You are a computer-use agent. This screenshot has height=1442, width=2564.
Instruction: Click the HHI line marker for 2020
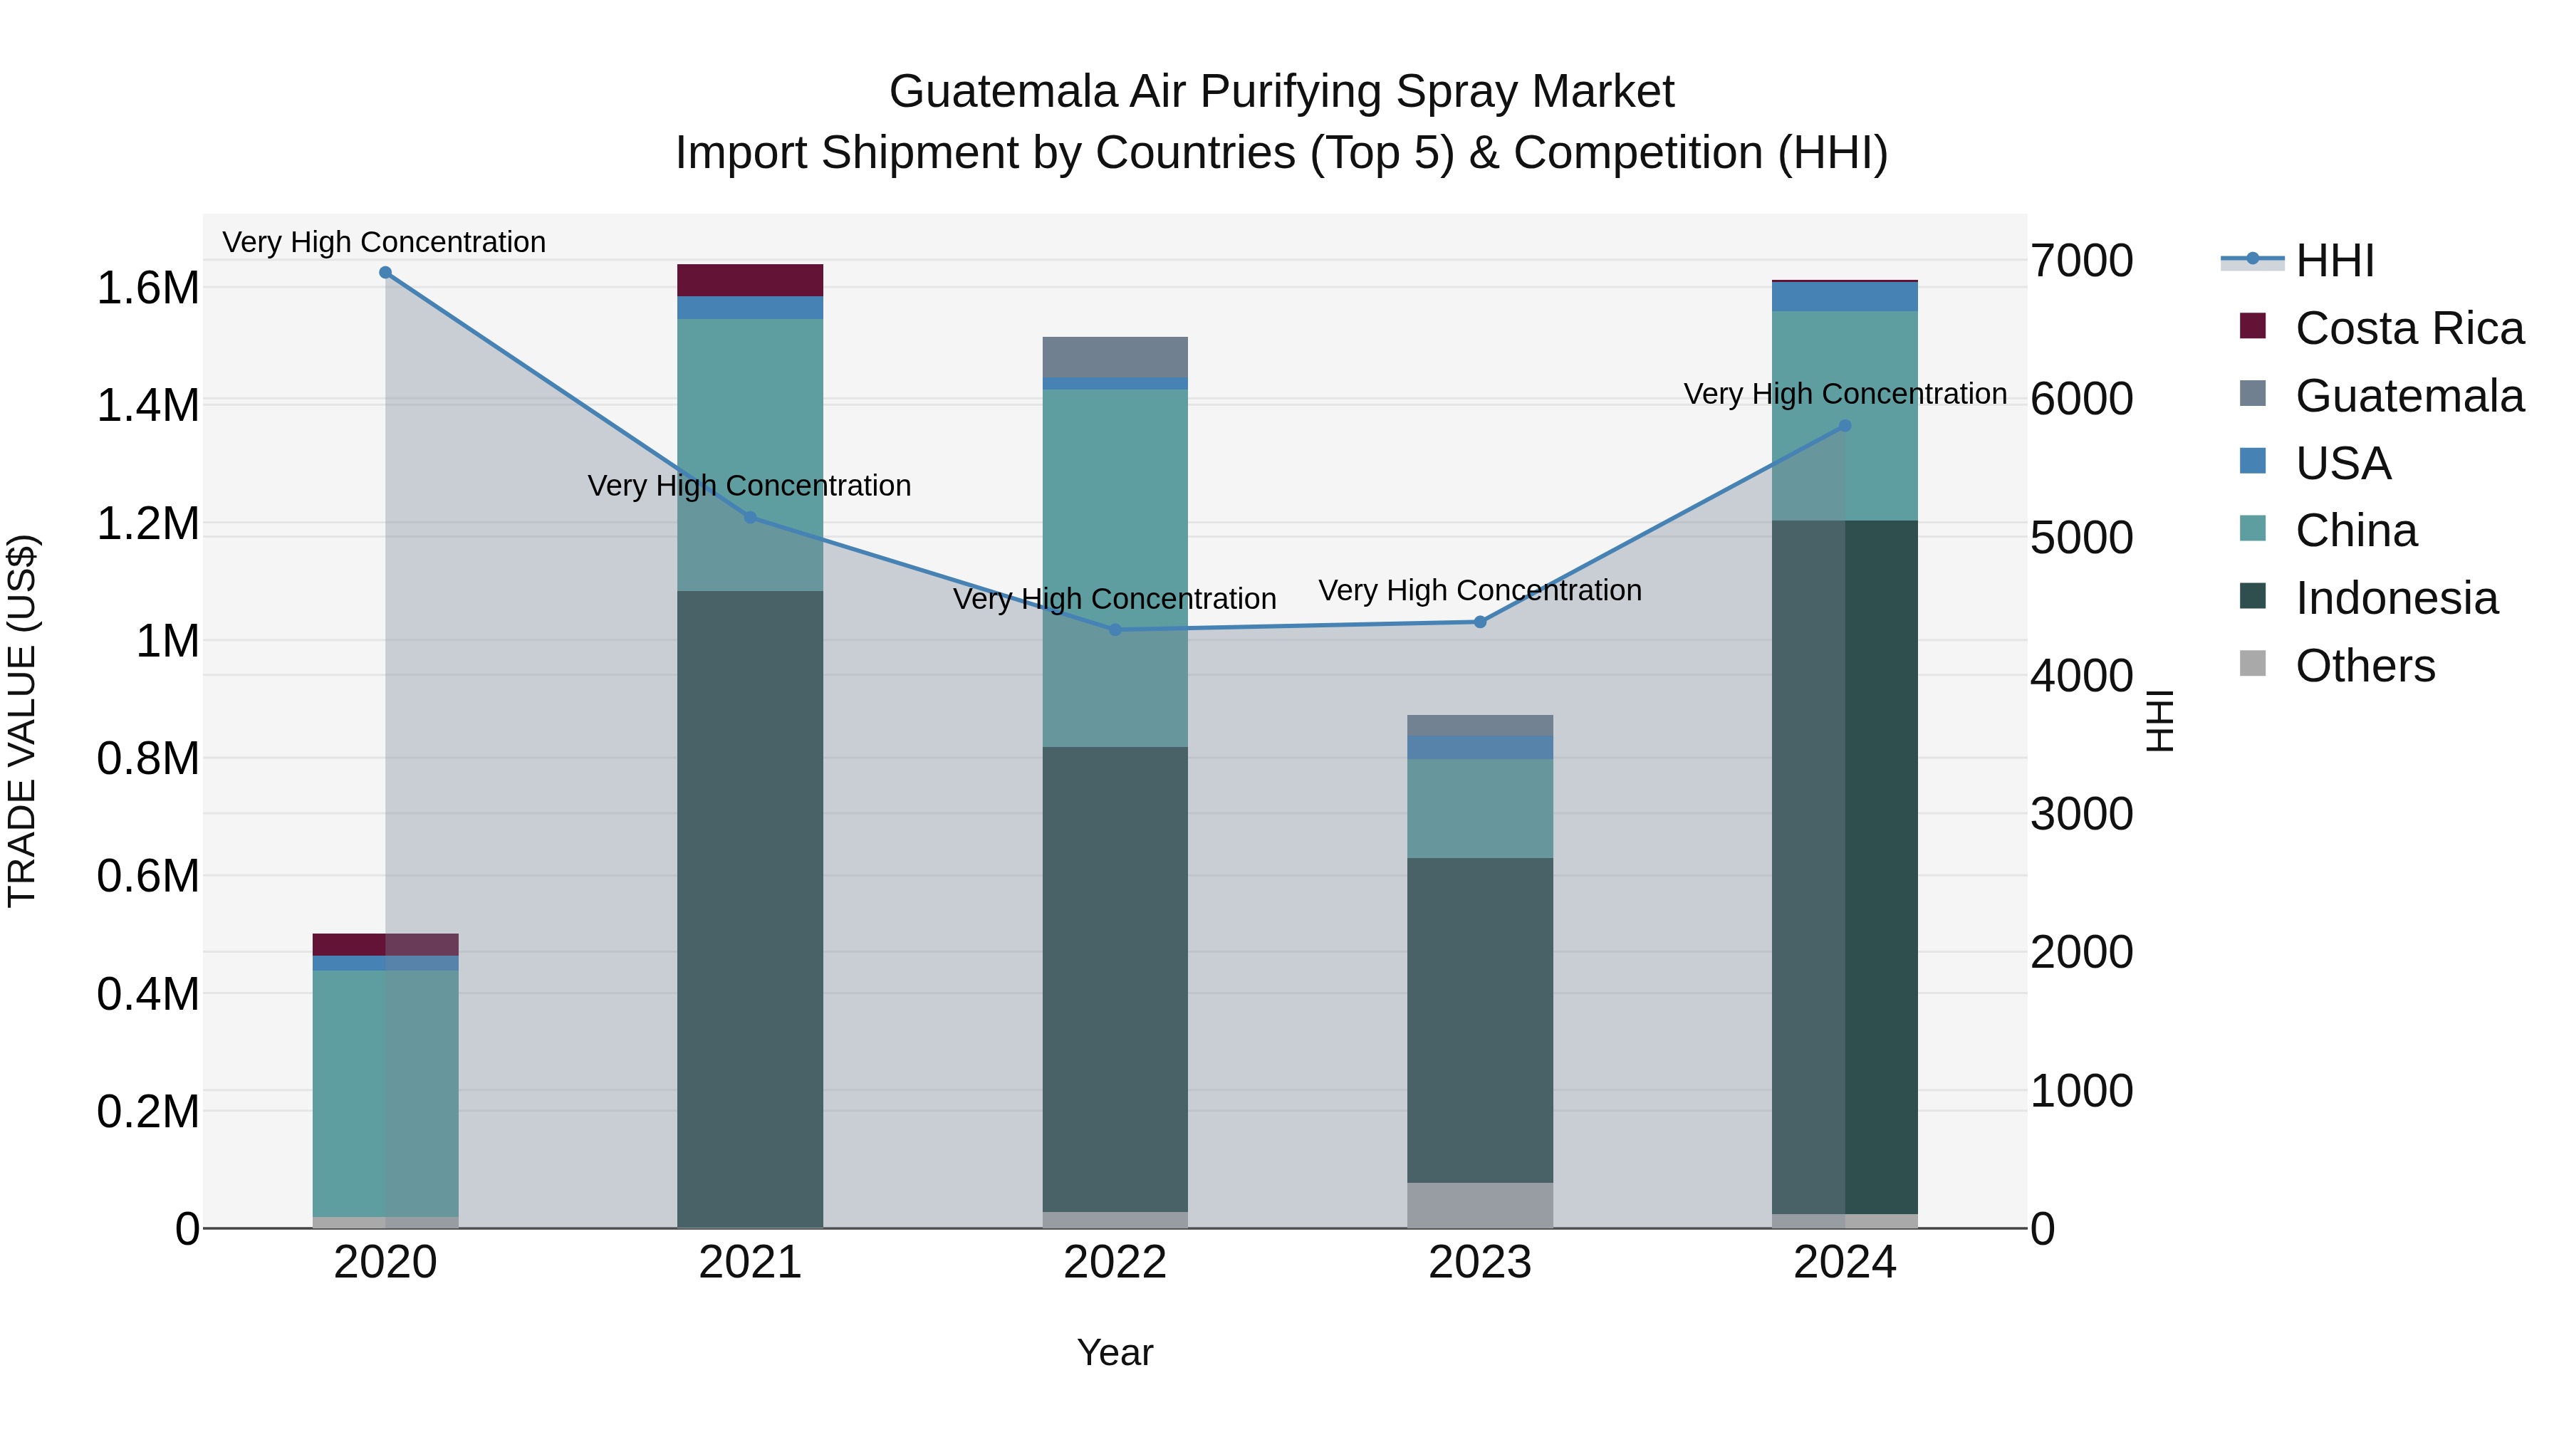pos(385,273)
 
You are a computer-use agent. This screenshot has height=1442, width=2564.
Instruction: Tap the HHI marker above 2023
pos(1480,622)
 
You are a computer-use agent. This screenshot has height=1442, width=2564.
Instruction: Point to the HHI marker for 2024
pos(1845,426)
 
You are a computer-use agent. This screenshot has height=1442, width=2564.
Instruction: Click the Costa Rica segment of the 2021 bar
pos(751,281)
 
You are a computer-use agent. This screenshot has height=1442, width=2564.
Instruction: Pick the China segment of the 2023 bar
pos(1480,808)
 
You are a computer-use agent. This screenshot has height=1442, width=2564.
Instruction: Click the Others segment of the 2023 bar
pos(1480,1205)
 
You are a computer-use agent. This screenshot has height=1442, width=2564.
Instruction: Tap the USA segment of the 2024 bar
pos(1845,296)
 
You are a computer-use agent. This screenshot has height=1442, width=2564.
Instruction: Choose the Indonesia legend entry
pos(2396,598)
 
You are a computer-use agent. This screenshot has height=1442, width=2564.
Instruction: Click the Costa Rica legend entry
pos(2409,328)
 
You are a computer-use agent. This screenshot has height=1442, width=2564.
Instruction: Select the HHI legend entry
pos(2334,261)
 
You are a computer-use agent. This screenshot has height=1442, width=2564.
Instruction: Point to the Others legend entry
pos(2364,666)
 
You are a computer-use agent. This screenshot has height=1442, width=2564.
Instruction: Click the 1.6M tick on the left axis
pos(147,288)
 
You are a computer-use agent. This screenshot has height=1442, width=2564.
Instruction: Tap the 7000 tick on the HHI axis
pos(2081,261)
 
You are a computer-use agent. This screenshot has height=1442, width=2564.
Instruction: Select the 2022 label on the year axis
pos(1115,1263)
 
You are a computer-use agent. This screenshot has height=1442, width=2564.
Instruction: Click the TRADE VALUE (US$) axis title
pos(23,721)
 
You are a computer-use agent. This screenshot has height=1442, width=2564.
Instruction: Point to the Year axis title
pos(1115,1352)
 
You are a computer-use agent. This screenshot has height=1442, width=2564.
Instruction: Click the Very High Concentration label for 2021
pos(749,486)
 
